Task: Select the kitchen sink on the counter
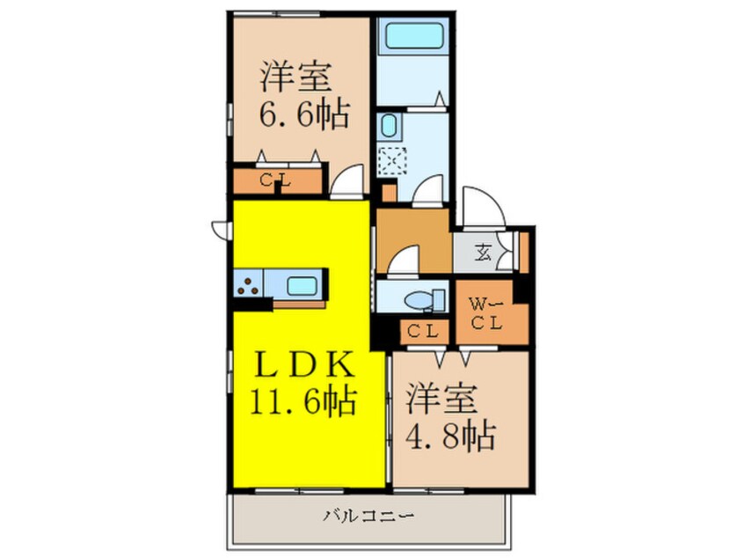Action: (x=302, y=285)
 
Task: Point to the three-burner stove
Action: (x=249, y=285)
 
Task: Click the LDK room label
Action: (x=295, y=364)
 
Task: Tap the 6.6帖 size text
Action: (x=295, y=114)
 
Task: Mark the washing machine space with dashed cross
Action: (x=390, y=161)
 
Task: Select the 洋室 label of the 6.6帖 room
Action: (x=295, y=77)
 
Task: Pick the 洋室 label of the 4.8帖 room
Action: (x=441, y=398)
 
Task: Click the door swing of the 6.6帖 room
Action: (x=348, y=181)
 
